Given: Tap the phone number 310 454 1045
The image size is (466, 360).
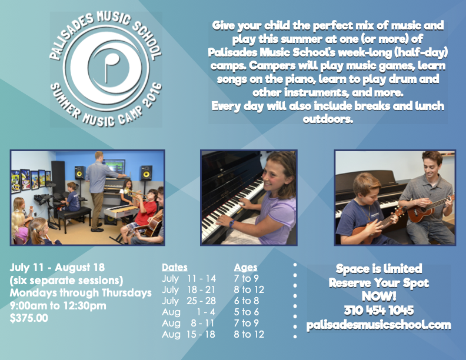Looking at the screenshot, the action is (x=379, y=311).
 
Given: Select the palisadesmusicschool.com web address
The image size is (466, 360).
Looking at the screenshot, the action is (x=379, y=325).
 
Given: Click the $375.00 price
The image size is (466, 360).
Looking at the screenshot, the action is (x=29, y=318).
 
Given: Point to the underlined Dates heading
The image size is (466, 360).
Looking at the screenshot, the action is (x=174, y=267).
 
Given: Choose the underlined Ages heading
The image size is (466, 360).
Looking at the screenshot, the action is (x=245, y=268).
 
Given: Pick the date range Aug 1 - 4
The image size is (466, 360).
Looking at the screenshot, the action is (x=188, y=312).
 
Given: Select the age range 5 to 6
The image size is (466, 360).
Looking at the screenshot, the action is (x=246, y=312).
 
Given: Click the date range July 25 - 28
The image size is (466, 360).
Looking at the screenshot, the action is (x=189, y=301).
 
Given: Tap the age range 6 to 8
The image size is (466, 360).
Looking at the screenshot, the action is (x=247, y=301).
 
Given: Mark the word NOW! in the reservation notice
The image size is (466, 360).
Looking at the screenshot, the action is (x=379, y=296).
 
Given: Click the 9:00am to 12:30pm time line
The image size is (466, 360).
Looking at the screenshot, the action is (x=58, y=306).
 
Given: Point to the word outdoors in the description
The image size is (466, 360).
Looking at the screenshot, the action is (x=328, y=119).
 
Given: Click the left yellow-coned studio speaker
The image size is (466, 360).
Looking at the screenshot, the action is (x=80, y=172).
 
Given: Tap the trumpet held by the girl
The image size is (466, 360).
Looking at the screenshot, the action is (x=135, y=193).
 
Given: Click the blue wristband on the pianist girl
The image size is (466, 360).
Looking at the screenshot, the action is (x=231, y=223).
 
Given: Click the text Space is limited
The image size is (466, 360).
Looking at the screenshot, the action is (x=379, y=268).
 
